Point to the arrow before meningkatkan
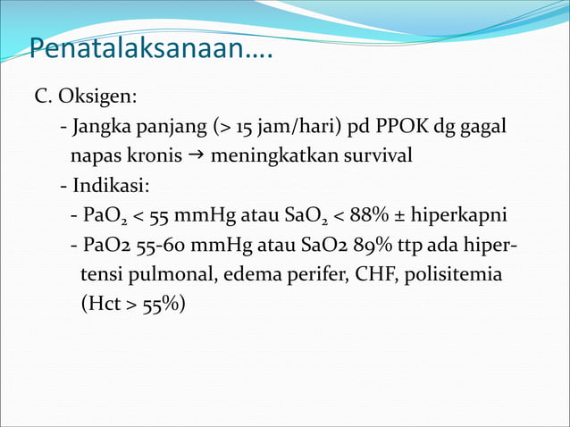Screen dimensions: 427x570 [196, 155]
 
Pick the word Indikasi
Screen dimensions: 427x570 [111, 186]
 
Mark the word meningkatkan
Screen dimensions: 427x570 [267, 156]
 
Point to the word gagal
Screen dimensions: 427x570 [482, 126]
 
